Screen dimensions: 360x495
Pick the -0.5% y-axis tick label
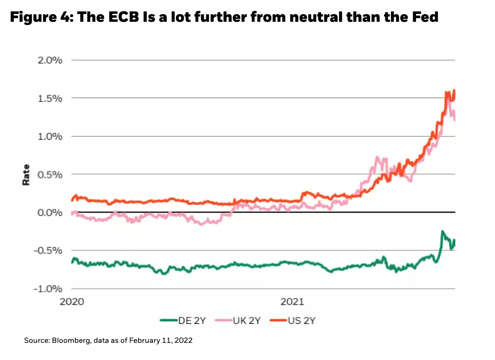pos(49,251)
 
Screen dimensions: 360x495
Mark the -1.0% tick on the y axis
pos(49,289)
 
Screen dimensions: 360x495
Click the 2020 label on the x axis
pos(72,302)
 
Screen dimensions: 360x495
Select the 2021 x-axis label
pos(293,302)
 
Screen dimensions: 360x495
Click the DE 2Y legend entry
pos(189,320)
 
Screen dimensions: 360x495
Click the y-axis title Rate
pos(26,174)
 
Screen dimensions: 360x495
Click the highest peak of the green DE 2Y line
pos(443,231)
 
